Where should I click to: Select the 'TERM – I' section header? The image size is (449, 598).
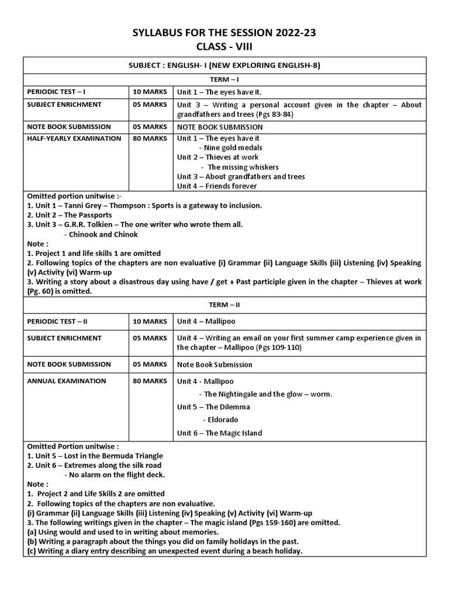(224, 79)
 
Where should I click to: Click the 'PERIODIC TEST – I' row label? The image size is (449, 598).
(57, 92)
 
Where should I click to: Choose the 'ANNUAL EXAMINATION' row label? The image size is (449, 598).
(67, 381)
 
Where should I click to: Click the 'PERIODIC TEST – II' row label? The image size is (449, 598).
(58, 321)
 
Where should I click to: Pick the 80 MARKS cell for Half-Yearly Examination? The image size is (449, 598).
(150, 138)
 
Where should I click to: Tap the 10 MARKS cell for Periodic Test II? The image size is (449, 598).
(150, 321)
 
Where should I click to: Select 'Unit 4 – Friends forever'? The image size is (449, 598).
(217, 186)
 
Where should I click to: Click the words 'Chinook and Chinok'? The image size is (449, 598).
(103, 234)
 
